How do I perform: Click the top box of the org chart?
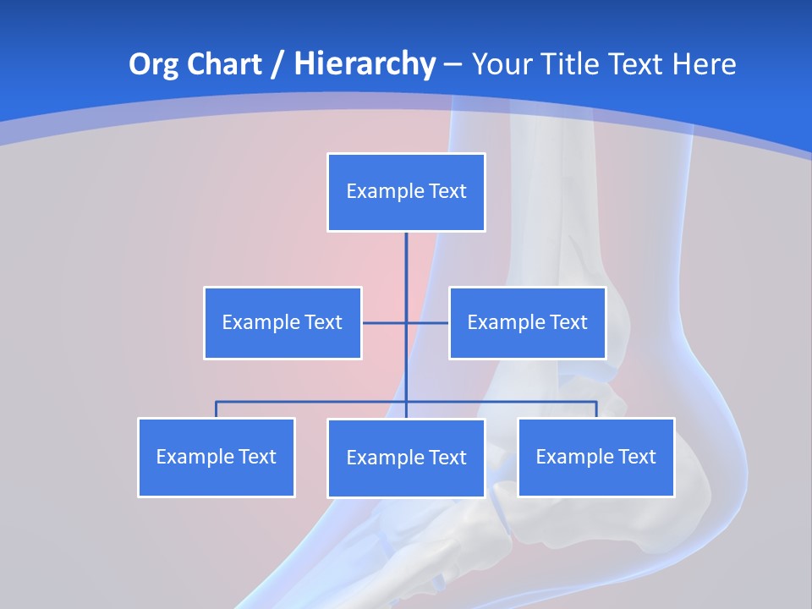(x=406, y=192)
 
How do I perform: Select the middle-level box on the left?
(x=283, y=323)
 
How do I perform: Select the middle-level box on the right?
(x=527, y=323)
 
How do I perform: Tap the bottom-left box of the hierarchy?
(x=216, y=458)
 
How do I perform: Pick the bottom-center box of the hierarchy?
(x=406, y=458)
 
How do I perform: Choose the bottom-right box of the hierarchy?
(x=595, y=458)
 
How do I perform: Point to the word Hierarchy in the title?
(x=364, y=64)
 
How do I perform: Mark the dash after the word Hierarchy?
(x=453, y=65)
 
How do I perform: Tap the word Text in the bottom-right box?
(x=636, y=458)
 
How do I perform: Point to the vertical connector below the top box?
(x=406, y=262)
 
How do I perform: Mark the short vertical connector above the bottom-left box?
(x=216, y=409)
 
